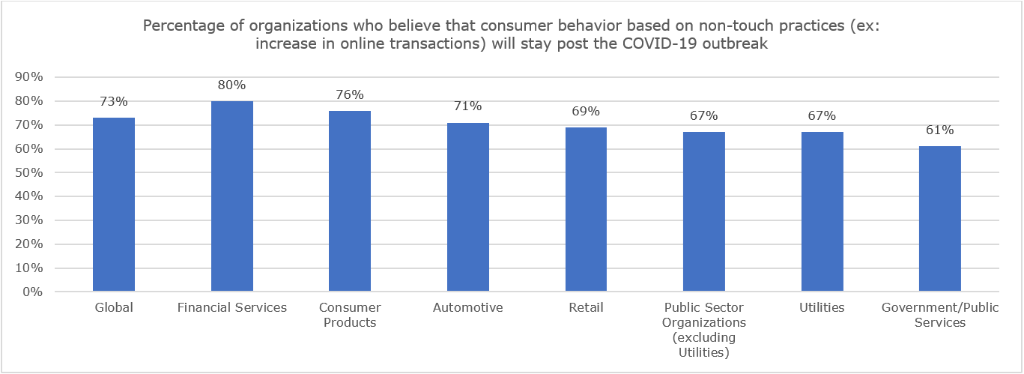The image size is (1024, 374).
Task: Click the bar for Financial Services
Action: [x=232, y=196]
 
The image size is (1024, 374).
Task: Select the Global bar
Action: [x=114, y=205]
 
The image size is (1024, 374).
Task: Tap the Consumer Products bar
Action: [x=350, y=201]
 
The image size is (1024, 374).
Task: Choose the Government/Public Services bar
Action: [x=940, y=219]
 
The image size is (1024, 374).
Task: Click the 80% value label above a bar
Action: [x=232, y=85]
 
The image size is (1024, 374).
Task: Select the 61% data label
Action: [x=940, y=130]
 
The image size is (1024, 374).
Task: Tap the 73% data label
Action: [x=114, y=101]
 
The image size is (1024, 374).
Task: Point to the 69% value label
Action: [x=586, y=111]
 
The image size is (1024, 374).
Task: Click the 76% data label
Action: [x=350, y=94]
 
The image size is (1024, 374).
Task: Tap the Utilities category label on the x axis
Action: [x=822, y=307]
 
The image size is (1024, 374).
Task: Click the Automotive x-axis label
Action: [x=468, y=307]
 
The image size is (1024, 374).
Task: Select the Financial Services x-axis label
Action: [x=232, y=307]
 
